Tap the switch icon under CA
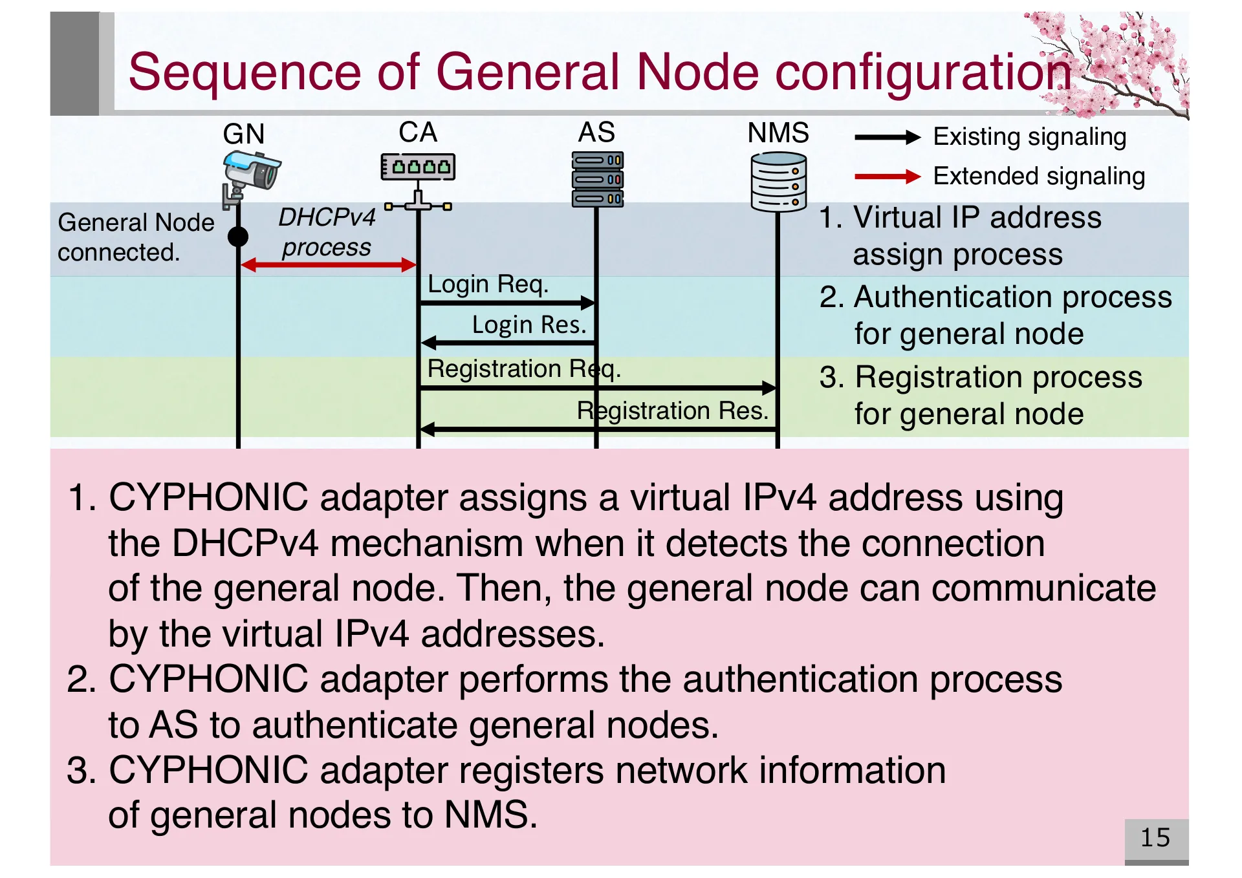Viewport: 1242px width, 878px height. point(418,167)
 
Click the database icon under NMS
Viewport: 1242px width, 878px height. point(779,182)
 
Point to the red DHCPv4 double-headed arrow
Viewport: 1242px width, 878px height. point(328,264)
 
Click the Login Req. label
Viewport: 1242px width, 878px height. point(488,284)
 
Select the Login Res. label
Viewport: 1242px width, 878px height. point(528,325)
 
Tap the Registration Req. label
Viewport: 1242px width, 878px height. point(523,369)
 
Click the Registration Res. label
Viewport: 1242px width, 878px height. point(672,411)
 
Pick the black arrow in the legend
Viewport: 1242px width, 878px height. point(887,137)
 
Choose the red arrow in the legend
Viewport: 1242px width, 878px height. point(887,177)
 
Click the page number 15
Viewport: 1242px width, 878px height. point(1155,838)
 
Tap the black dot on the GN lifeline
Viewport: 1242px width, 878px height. point(238,237)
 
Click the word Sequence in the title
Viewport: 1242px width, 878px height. point(245,72)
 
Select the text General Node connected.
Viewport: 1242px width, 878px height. point(135,237)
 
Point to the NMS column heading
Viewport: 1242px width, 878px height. point(778,133)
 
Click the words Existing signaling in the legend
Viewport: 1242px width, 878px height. point(1029,137)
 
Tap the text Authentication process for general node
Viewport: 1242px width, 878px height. point(995,316)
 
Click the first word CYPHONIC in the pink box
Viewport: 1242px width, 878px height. point(208,498)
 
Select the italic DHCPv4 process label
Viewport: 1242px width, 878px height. point(327,232)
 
